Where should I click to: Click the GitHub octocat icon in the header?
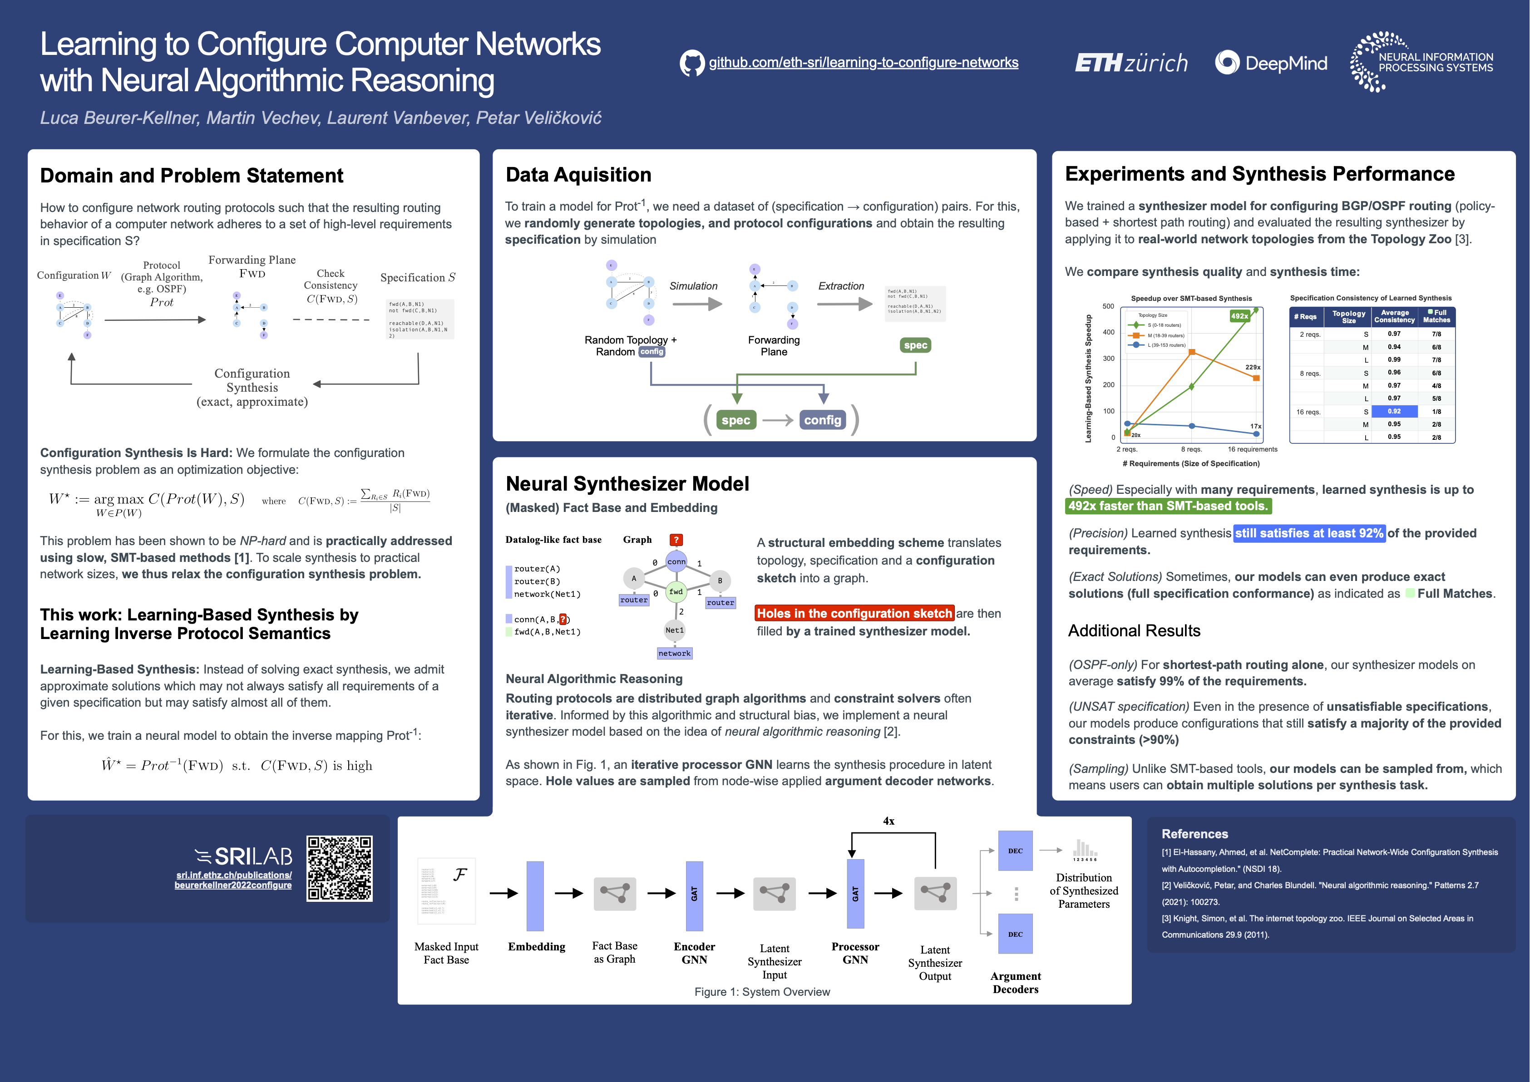pyautogui.click(x=692, y=63)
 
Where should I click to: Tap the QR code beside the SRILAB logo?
pyautogui.click(x=339, y=868)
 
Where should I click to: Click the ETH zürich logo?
pyautogui.click(x=1131, y=63)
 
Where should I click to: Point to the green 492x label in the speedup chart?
pyautogui.click(x=1239, y=316)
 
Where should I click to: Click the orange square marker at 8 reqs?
pyautogui.click(x=1191, y=352)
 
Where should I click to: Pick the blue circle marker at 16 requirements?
pyautogui.click(x=1256, y=434)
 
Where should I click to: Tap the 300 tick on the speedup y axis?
pyautogui.click(x=1108, y=359)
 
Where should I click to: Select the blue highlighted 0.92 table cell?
pyautogui.click(x=1394, y=411)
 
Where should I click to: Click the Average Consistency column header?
pyautogui.click(x=1394, y=316)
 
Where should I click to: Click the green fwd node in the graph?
pyautogui.click(x=676, y=592)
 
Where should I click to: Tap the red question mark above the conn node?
pyautogui.click(x=676, y=540)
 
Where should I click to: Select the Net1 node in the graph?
pyautogui.click(x=674, y=630)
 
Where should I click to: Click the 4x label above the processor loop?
pyautogui.click(x=888, y=821)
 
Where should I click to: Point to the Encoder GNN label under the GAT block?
pyautogui.click(x=694, y=953)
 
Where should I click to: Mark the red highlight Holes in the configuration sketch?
pyautogui.click(x=854, y=613)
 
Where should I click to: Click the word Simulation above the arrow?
pyautogui.click(x=693, y=286)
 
